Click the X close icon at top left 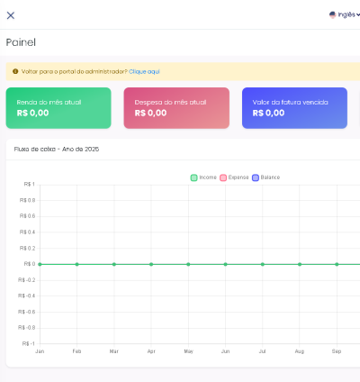pos(11,15)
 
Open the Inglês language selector pos(343,15)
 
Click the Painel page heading pos(21,42)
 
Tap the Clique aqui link pos(144,70)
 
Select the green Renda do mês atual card pos(58,107)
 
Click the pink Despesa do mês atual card pos(176,107)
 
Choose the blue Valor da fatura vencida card pos(294,107)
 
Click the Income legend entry pos(203,177)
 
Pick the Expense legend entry pos(234,177)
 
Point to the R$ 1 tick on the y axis pos(29,185)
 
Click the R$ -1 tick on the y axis pos(28,343)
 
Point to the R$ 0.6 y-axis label pos(27,216)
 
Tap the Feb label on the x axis pos(76,350)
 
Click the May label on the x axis pos(188,350)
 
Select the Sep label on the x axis pos(337,350)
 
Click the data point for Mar pos(114,264)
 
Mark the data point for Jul pos(263,264)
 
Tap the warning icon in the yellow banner pos(15,70)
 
